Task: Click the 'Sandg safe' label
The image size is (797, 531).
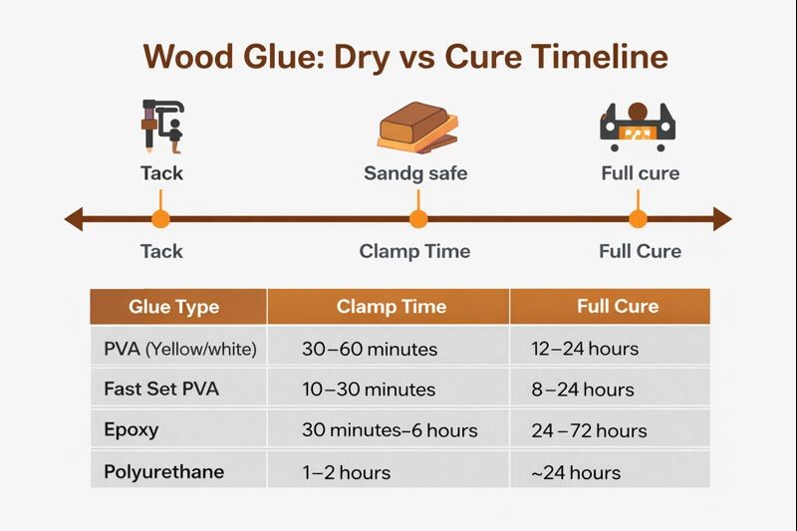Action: (x=415, y=173)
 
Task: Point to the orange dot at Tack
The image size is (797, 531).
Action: (x=159, y=219)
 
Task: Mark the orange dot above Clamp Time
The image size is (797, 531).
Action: (x=418, y=219)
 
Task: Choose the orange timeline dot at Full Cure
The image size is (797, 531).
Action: (x=638, y=219)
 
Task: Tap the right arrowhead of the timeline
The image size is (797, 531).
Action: (x=722, y=219)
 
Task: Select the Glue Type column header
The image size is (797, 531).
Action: (x=173, y=307)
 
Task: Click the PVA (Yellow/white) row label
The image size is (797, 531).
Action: (x=179, y=349)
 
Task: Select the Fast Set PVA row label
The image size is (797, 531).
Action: (x=160, y=389)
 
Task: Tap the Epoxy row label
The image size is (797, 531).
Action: (x=132, y=430)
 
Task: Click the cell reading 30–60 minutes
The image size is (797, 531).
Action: (x=369, y=349)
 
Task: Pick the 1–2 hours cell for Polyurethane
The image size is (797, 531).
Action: (x=346, y=472)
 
